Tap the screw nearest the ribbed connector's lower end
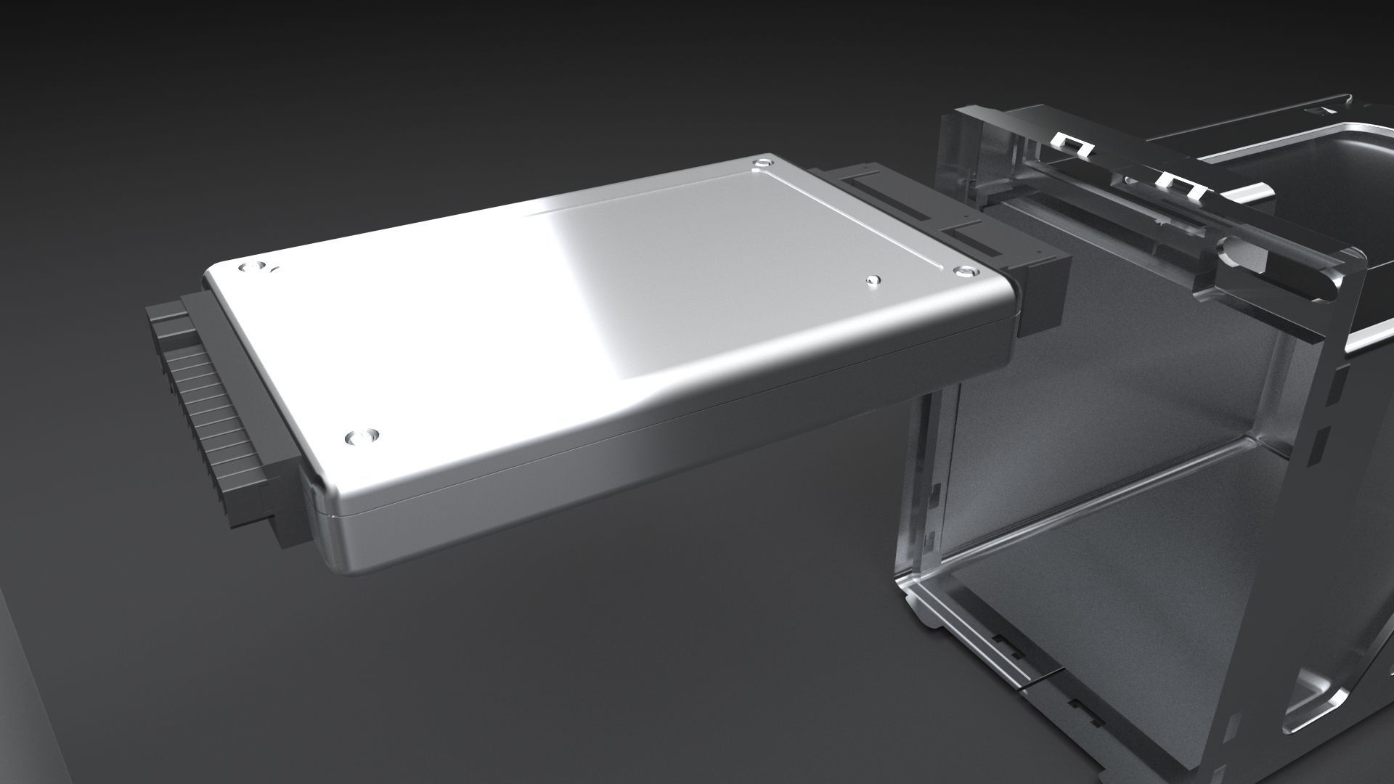361,437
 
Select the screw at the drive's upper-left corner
252,268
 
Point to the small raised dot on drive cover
873,279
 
